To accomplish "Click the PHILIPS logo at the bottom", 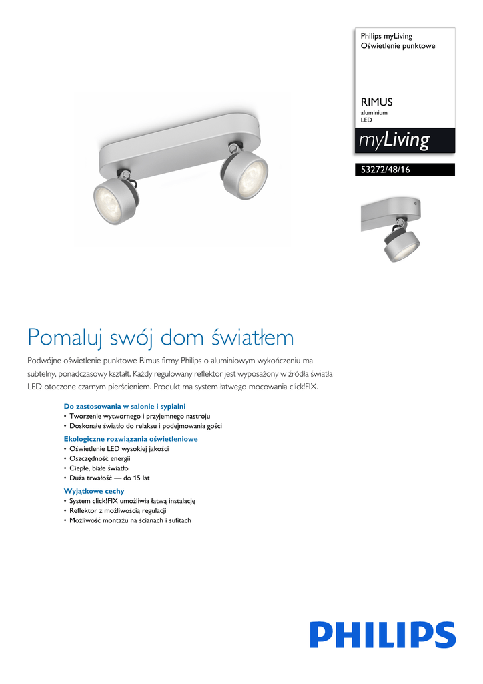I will pyautogui.click(x=382, y=634).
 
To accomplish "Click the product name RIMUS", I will pyautogui.click(x=376, y=102).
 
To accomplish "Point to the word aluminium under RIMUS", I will pyautogui.click(x=374, y=113).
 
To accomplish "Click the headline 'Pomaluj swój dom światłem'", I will pyautogui.click(x=160, y=337).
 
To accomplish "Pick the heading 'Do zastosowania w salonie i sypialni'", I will pyautogui.click(x=124, y=406).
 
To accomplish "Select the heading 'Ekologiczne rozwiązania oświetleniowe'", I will pyautogui.click(x=131, y=439).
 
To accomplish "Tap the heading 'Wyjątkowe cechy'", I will pyautogui.click(x=94, y=491).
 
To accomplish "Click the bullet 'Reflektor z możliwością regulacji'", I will pyautogui.click(x=118, y=510).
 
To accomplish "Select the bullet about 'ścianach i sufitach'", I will pyautogui.click(x=130, y=520).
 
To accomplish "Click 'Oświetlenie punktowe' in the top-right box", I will pyautogui.click(x=398, y=46).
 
